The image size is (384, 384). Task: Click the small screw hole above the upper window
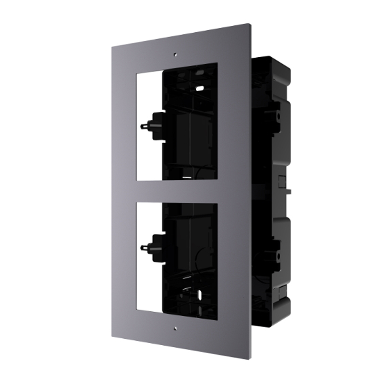(175, 54)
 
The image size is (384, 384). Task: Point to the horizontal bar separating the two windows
(177, 190)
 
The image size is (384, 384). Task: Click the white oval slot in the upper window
(200, 88)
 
